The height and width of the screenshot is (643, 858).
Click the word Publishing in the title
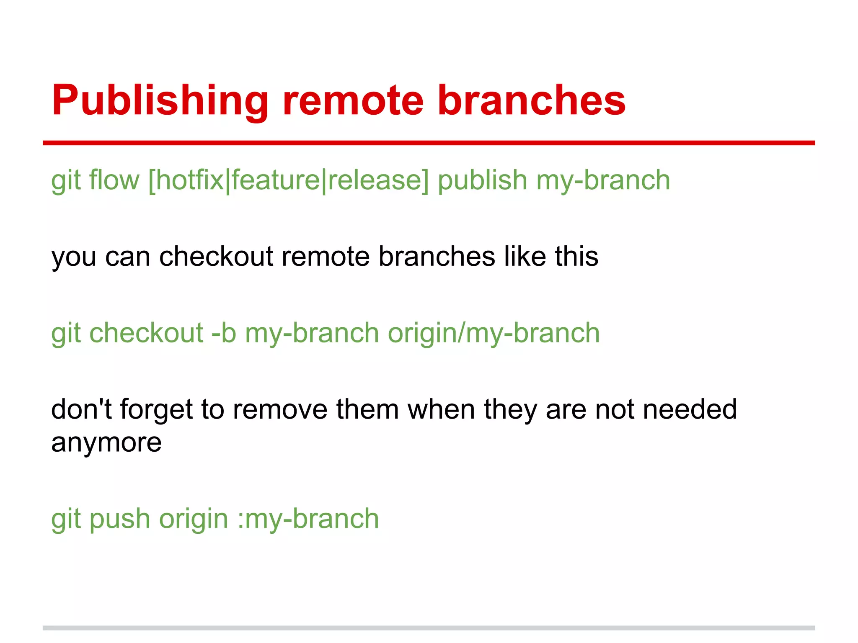pos(160,100)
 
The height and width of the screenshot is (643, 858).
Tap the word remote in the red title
pos(353,100)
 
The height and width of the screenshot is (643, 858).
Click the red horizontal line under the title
pos(429,143)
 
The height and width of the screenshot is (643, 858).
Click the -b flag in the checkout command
pos(224,333)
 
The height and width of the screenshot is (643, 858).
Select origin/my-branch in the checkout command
pos(494,333)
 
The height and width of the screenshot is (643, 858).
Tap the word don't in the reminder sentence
pos(81,409)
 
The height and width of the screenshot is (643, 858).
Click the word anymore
pos(106,442)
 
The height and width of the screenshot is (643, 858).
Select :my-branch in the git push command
pos(308,519)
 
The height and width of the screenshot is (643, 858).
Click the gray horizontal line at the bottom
pos(429,628)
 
